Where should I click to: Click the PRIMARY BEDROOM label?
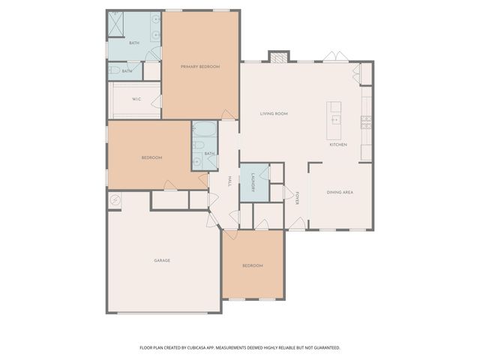pyautogui.click(x=200, y=67)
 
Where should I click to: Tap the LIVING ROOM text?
pyautogui.click(x=274, y=114)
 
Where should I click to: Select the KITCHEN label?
pyautogui.click(x=337, y=144)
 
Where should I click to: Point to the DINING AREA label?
pyautogui.click(x=340, y=193)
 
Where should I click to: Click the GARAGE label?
pyautogui.click(x=162, y=260)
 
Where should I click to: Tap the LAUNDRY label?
pyautogui.click(x=254, y=182)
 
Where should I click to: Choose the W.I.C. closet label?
pyautogui.click(x=136, y=99)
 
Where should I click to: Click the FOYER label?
pyautogui.click(x=298, y=198)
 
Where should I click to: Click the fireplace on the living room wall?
pyautogui.click(x=279, y=57)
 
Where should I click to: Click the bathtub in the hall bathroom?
pyautogui.click(x=204, y=130)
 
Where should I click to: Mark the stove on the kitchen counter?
pyautogui.click(x=366, y=121)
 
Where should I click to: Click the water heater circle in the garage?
pyautogui.click(x=115, y=199)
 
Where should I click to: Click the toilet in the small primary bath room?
pyautogui.click(x=115, y=70)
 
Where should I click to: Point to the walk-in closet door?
pyautogui.click(x=157, y=101)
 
